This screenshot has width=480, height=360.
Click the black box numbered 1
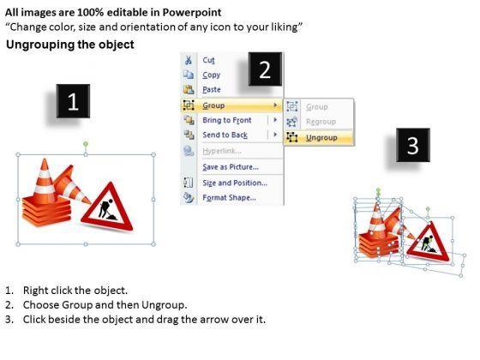[73, 101]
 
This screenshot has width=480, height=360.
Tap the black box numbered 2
[265, 69]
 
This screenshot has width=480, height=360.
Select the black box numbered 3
[413, 145]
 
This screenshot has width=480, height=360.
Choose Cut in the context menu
[208, 60]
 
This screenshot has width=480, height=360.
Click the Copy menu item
[211, 75]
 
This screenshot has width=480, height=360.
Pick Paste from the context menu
[212, 90]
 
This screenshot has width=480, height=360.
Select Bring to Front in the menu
[227, 120]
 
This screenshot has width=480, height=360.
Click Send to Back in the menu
[225, 135]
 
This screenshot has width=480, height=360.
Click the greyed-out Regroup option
[321, 122]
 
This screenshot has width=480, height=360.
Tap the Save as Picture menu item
[231, 167]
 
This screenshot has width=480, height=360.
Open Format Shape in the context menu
[230, 198]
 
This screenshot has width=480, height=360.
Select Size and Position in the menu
[235, 183]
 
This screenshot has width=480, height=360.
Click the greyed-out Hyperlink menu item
[222, 151]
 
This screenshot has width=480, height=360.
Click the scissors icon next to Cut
[189, 60]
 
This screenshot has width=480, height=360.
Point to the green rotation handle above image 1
[86, 144]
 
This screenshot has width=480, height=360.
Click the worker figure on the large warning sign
[106, 210]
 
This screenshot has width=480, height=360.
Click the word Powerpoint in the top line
[192, 12]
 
